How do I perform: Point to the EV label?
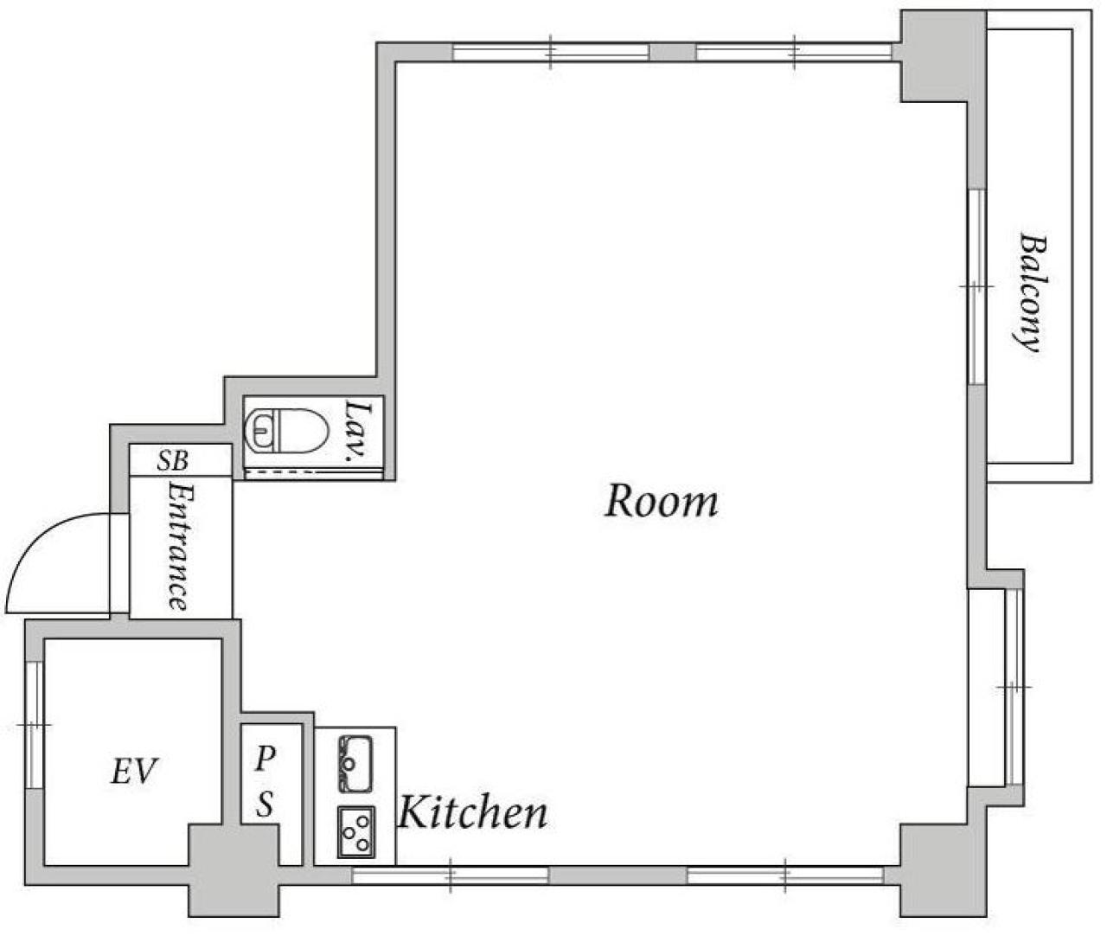click(x=134, y=771)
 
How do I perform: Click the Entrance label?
click(x=179, y=546)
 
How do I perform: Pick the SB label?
click(x=172, y=460)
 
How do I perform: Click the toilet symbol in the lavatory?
click(x=286, y=431)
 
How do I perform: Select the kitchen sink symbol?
click(x=355, y=764)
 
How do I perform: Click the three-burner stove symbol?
click(x=356, y=832)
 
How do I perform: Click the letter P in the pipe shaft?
click(x=264, y=758)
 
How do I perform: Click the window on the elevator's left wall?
click(x=34, y=726)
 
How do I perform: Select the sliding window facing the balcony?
click(x=977, y=287)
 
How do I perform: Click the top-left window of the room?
click(x=551, y=52)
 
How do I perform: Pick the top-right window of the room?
click(x=794, y=52)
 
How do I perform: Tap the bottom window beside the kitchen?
click(x=450, y=875)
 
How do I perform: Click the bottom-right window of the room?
click(x=785, y=875)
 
